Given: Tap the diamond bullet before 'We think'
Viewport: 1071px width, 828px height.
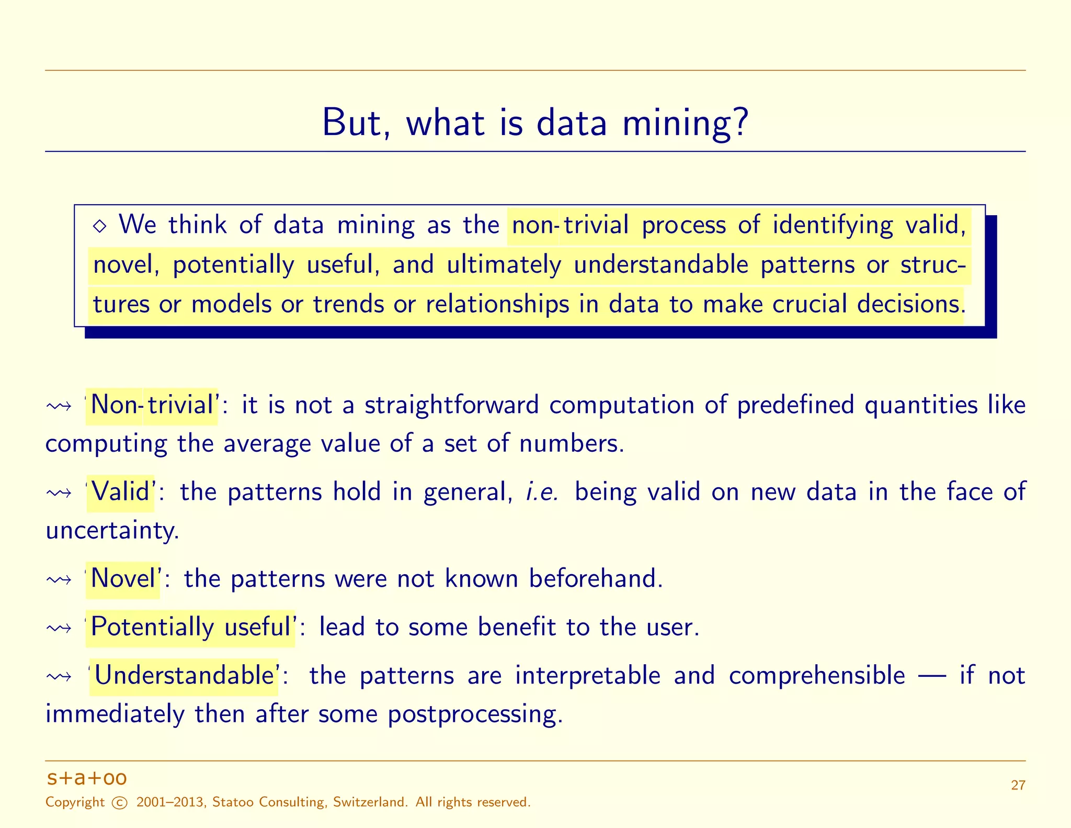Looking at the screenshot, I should point(99,226).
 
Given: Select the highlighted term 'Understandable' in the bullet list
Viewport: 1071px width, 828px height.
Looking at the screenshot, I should point(184,676).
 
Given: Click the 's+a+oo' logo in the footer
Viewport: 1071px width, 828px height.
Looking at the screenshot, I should point(87,778).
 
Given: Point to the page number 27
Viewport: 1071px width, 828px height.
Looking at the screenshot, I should point(1018,785).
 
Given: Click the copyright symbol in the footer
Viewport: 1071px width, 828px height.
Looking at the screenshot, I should point(120,803).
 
